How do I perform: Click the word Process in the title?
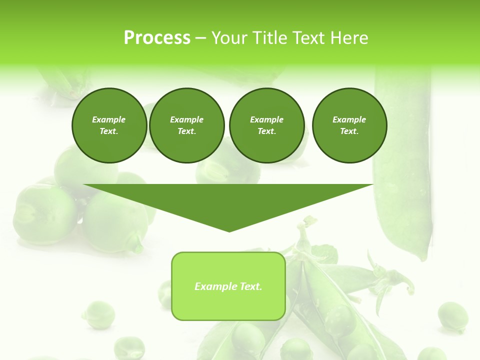157,38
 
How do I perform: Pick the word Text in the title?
309,38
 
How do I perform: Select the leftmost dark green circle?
109,125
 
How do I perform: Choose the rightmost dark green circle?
349,125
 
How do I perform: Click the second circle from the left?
186,125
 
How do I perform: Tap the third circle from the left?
266,125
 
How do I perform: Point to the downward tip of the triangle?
229,231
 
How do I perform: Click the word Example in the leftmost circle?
109,119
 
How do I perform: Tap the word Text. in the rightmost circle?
349,131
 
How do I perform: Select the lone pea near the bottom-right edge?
452,316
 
